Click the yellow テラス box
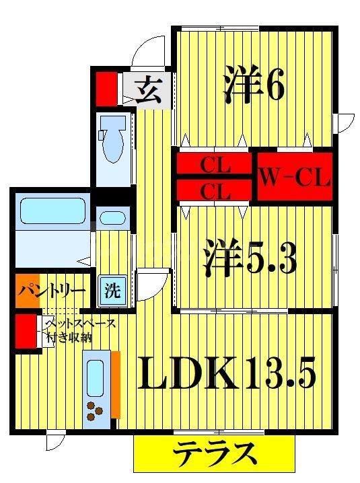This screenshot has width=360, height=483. [x=215, y=454]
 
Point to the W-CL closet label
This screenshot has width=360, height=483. [x=294, y=179]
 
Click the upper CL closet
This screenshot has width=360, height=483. [x=215, y=164]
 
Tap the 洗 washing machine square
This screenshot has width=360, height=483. [x=112, y=291]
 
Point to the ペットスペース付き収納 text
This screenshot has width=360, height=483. [x=79, y=330]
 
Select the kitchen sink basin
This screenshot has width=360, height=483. [x=95, y=375]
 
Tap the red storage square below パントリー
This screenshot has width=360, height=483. [x=26, y=330]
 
